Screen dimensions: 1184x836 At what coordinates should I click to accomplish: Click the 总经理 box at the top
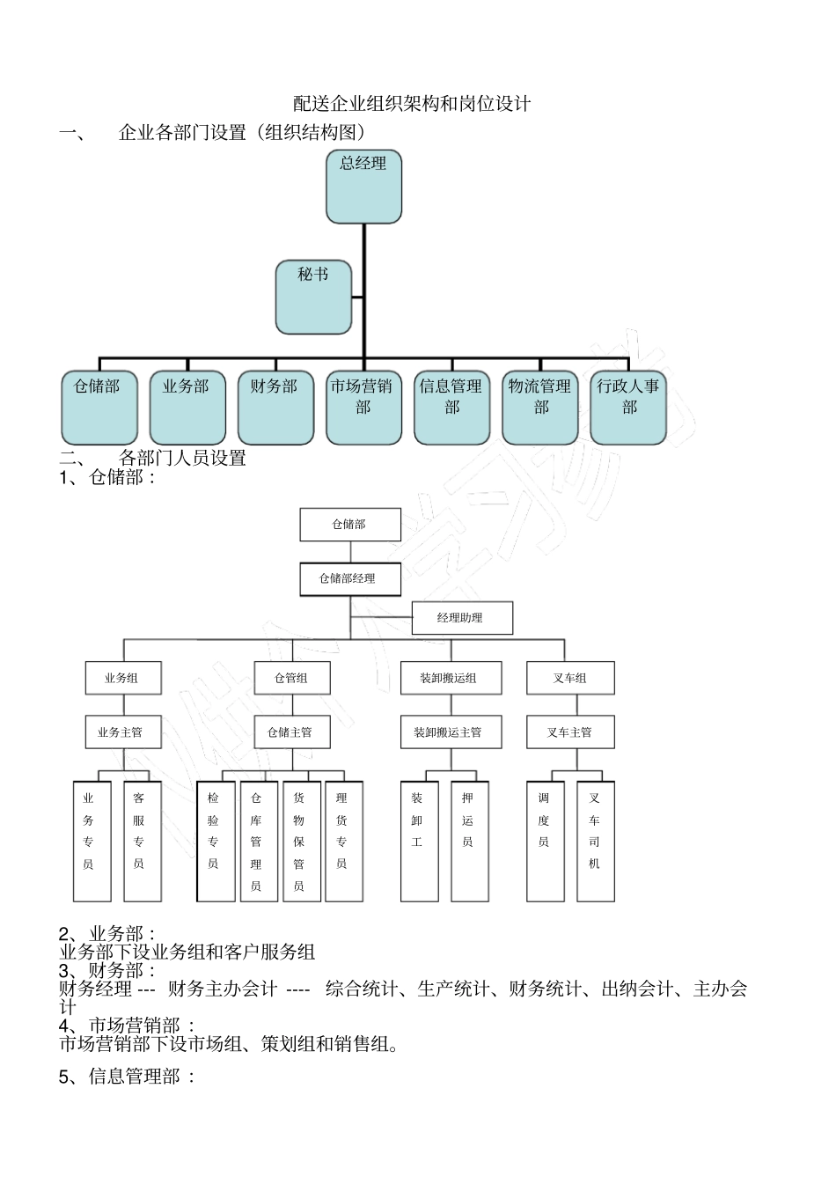coord(363,186)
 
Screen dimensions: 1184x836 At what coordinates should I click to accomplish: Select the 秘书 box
coord(313,297)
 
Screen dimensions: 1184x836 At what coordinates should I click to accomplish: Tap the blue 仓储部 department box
coord(99,407)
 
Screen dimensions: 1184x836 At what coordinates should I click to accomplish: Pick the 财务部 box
coord(275,407)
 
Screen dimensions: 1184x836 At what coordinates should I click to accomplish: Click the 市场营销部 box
coord(363,407)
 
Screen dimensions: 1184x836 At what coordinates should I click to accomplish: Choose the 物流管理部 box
coord(539,407)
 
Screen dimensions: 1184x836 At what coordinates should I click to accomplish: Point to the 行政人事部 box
coord(627,407)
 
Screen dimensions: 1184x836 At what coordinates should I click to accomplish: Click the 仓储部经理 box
coord(349,578)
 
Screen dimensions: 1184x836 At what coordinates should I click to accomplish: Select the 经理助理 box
coord(461,617)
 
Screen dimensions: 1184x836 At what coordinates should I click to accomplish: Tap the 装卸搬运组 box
coord(451,678)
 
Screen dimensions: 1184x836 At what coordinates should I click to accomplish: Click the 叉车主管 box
coord(569,732)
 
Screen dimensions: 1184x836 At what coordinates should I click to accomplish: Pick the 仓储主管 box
coord(291,732)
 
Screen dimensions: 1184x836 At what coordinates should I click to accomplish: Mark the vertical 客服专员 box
coord(142,841)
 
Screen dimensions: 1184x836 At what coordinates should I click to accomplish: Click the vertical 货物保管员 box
coord(301,841)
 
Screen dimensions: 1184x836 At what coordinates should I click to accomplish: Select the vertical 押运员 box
coord(469,841)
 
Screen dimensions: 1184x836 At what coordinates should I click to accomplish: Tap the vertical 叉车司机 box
coord(596,841)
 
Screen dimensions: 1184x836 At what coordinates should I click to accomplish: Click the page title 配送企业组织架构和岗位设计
coord(412,104)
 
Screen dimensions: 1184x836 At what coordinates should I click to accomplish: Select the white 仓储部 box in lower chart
coord(349,524)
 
